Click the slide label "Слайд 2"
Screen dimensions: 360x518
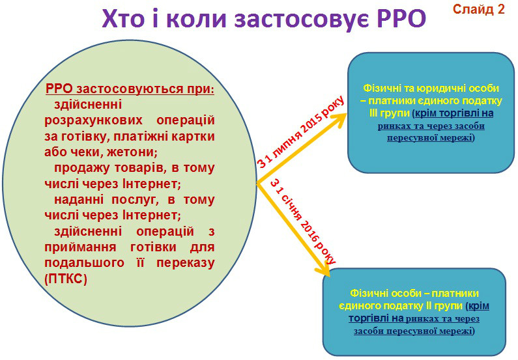click(478, 9)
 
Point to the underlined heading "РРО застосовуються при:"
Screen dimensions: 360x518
click(129, 89)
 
